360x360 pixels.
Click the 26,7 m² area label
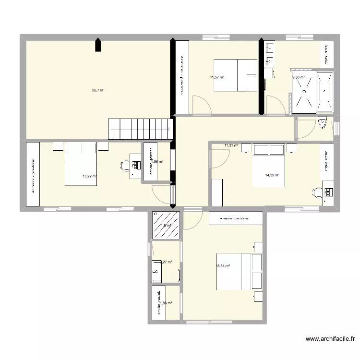coord(98,90)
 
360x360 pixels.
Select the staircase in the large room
coord(140,129)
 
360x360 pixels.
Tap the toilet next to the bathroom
coord(323,124)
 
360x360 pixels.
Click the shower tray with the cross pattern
coord(304,92)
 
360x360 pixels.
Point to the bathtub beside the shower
coord(325,91)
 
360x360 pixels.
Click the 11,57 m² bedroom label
coord(217,77)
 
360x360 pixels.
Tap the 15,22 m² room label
coord(90,176)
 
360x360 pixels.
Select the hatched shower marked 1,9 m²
coord(166,225)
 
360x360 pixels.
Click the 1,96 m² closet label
coord(158,162)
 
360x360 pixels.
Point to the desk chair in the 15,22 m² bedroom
coord(124,166)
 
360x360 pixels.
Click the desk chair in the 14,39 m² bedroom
coord(317,193)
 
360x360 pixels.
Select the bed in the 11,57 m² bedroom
coord(236,75)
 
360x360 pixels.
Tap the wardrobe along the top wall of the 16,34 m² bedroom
coord(235,218)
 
